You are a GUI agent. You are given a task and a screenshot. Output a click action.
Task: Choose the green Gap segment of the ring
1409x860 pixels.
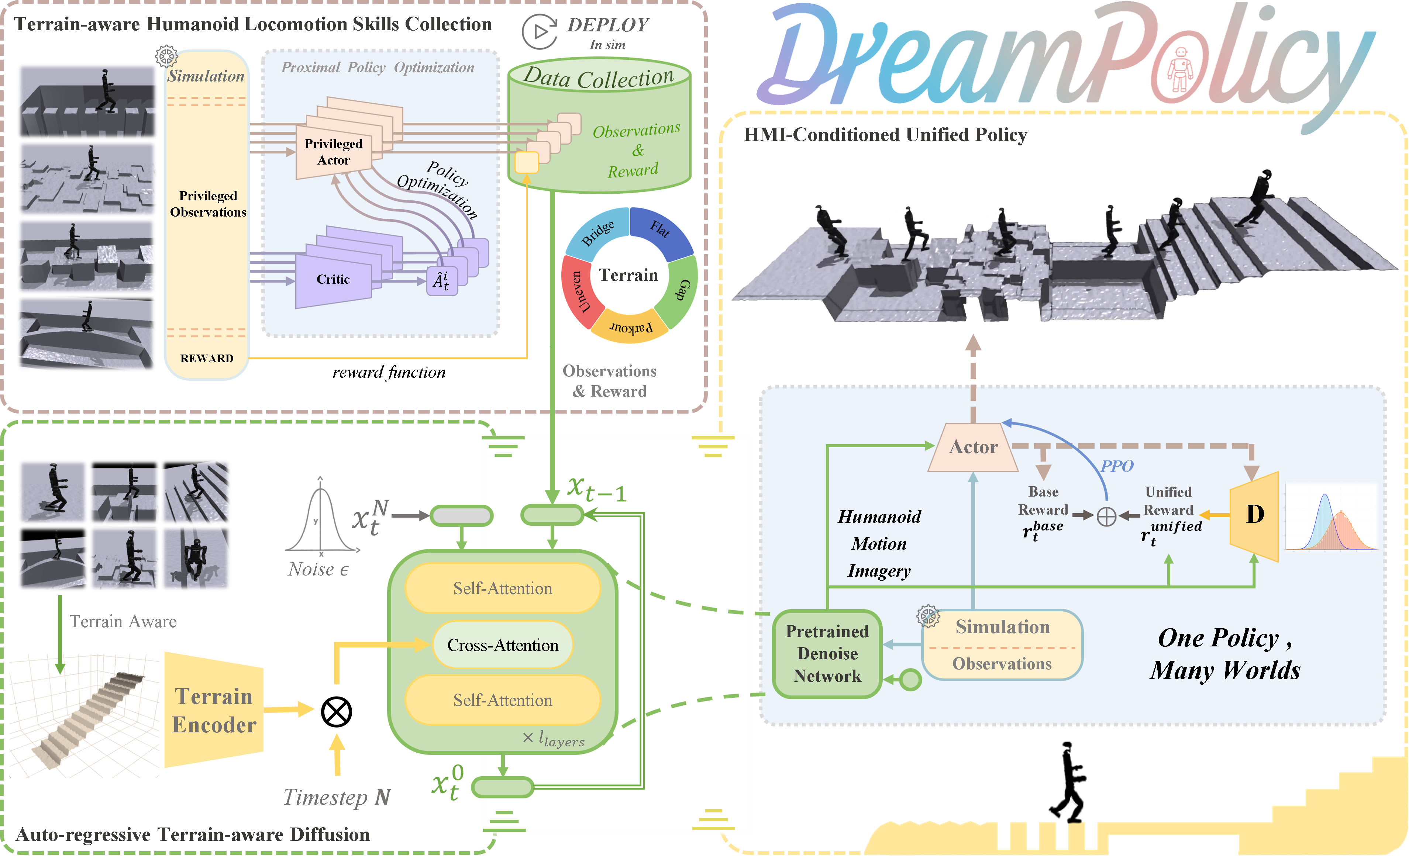(680, 291)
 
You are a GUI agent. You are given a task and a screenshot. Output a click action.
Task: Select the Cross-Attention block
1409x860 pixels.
(503, 645)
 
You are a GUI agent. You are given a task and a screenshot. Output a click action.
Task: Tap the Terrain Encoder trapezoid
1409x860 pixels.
(214, 710)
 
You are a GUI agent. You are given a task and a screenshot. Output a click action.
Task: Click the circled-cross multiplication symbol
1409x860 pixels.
(336, 712)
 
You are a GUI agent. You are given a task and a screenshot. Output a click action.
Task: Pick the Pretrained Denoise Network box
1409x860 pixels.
(827, 653)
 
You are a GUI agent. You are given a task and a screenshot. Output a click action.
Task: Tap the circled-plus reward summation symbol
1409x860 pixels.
(1106, 517)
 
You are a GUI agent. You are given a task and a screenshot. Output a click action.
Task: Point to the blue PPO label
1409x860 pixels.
(1117, 466)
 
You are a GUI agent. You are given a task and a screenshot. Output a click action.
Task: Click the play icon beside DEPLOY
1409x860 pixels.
(539, 31)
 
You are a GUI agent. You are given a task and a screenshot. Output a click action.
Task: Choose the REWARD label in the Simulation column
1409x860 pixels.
(207, 359)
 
